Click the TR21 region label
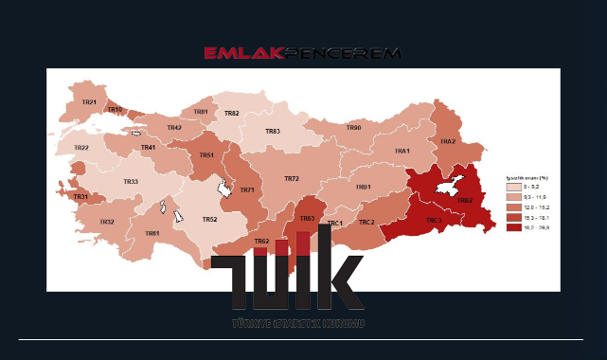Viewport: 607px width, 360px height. pyautogui.click(x=89, y=101)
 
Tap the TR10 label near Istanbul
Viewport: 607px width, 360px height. pyautogui.click(x=115, y=110)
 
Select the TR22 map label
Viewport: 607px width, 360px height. pyautogui.click(x=81, y=148)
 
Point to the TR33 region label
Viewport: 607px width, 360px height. pyautogui.click(x=131, y=181)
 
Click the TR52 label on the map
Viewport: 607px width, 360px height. pyautogui.click(x=209, y=219)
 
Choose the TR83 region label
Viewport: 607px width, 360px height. pyautogui.click(x=273, y=132)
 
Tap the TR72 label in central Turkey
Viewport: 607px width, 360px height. pyautogui.click(x=292, y=178)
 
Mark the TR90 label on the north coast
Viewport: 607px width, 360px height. pyautogui.click(x=353, y=127)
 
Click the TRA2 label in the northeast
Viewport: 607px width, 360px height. pyautogui.click(x=448, y=141)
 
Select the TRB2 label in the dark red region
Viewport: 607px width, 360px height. pyautogui.click(x=465, y=201)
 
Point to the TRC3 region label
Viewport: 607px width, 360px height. pyautogui.click(x=434, y=220)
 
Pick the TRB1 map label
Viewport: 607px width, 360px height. pyautogui.click(x=363, y=187)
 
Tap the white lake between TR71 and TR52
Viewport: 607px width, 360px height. pyautogui.click(x=225, y=189)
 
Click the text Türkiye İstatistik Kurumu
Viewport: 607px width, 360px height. pyautogui.click(x=298, y=324)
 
